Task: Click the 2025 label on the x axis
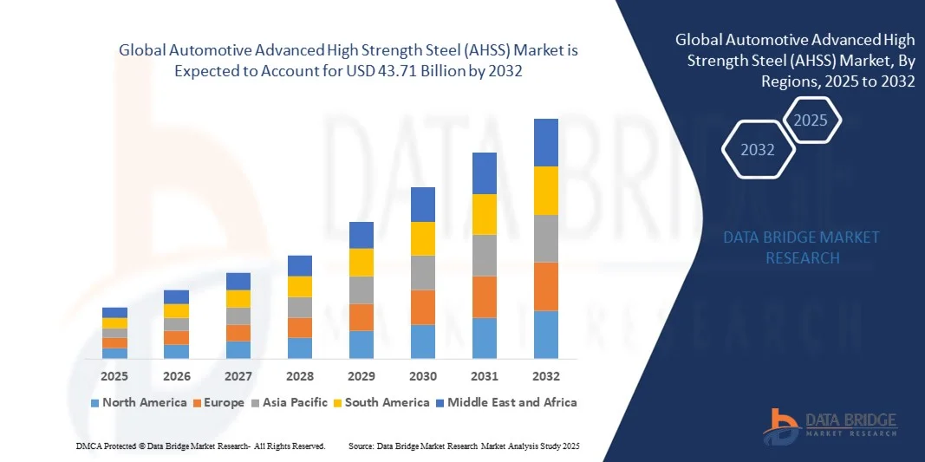tap(114, 376)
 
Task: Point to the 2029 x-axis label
tap(361, 376)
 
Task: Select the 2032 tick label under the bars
tap(546, 376)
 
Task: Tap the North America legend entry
tap(139, 402)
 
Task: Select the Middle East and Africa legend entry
tap(506, 402)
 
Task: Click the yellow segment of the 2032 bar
tap(546, 191)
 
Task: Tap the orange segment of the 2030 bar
tap(422, 307)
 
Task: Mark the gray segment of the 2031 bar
tap(485, 255)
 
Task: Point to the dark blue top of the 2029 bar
tap(361, 235)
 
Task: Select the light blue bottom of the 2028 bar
tap(299, 348)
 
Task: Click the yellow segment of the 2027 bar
tap(238, 299)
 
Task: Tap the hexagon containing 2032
tap(758, 150)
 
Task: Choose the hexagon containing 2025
tap(811, 120)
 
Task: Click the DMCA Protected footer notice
tap(200, 446)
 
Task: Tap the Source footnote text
tap(464, 446)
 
